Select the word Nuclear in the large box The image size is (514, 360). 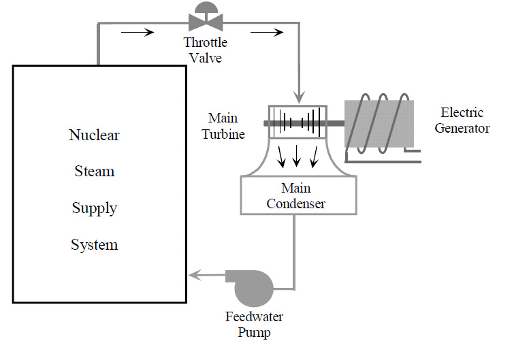pyautogui.click(x=95, y=135)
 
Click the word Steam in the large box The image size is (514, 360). pyautogui.click(x=95, y=171)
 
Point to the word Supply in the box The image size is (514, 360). pyautogui.click(x=95, y=208)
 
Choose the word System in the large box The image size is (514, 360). pyautogui.click(x=95, y=244)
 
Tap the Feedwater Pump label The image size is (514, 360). pyautogui.click(x=254, y=325)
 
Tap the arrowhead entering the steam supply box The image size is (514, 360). pyautogui.click(x=194, y=275)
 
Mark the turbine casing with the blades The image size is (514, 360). pyautogui.click(x=298, y=122)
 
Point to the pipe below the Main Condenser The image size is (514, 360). pyautogui.click(x=295, y=245)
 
